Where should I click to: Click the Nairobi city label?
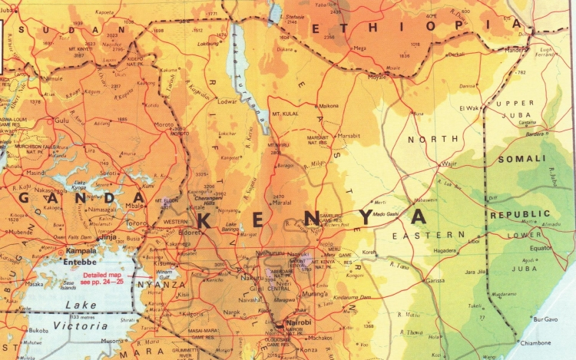point(299,323)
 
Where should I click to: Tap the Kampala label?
point(80,250)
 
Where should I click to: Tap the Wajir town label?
point(449,163)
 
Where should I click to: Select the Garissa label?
point(435,282)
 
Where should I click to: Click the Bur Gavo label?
point(547,318)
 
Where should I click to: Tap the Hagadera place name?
point(446,250)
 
